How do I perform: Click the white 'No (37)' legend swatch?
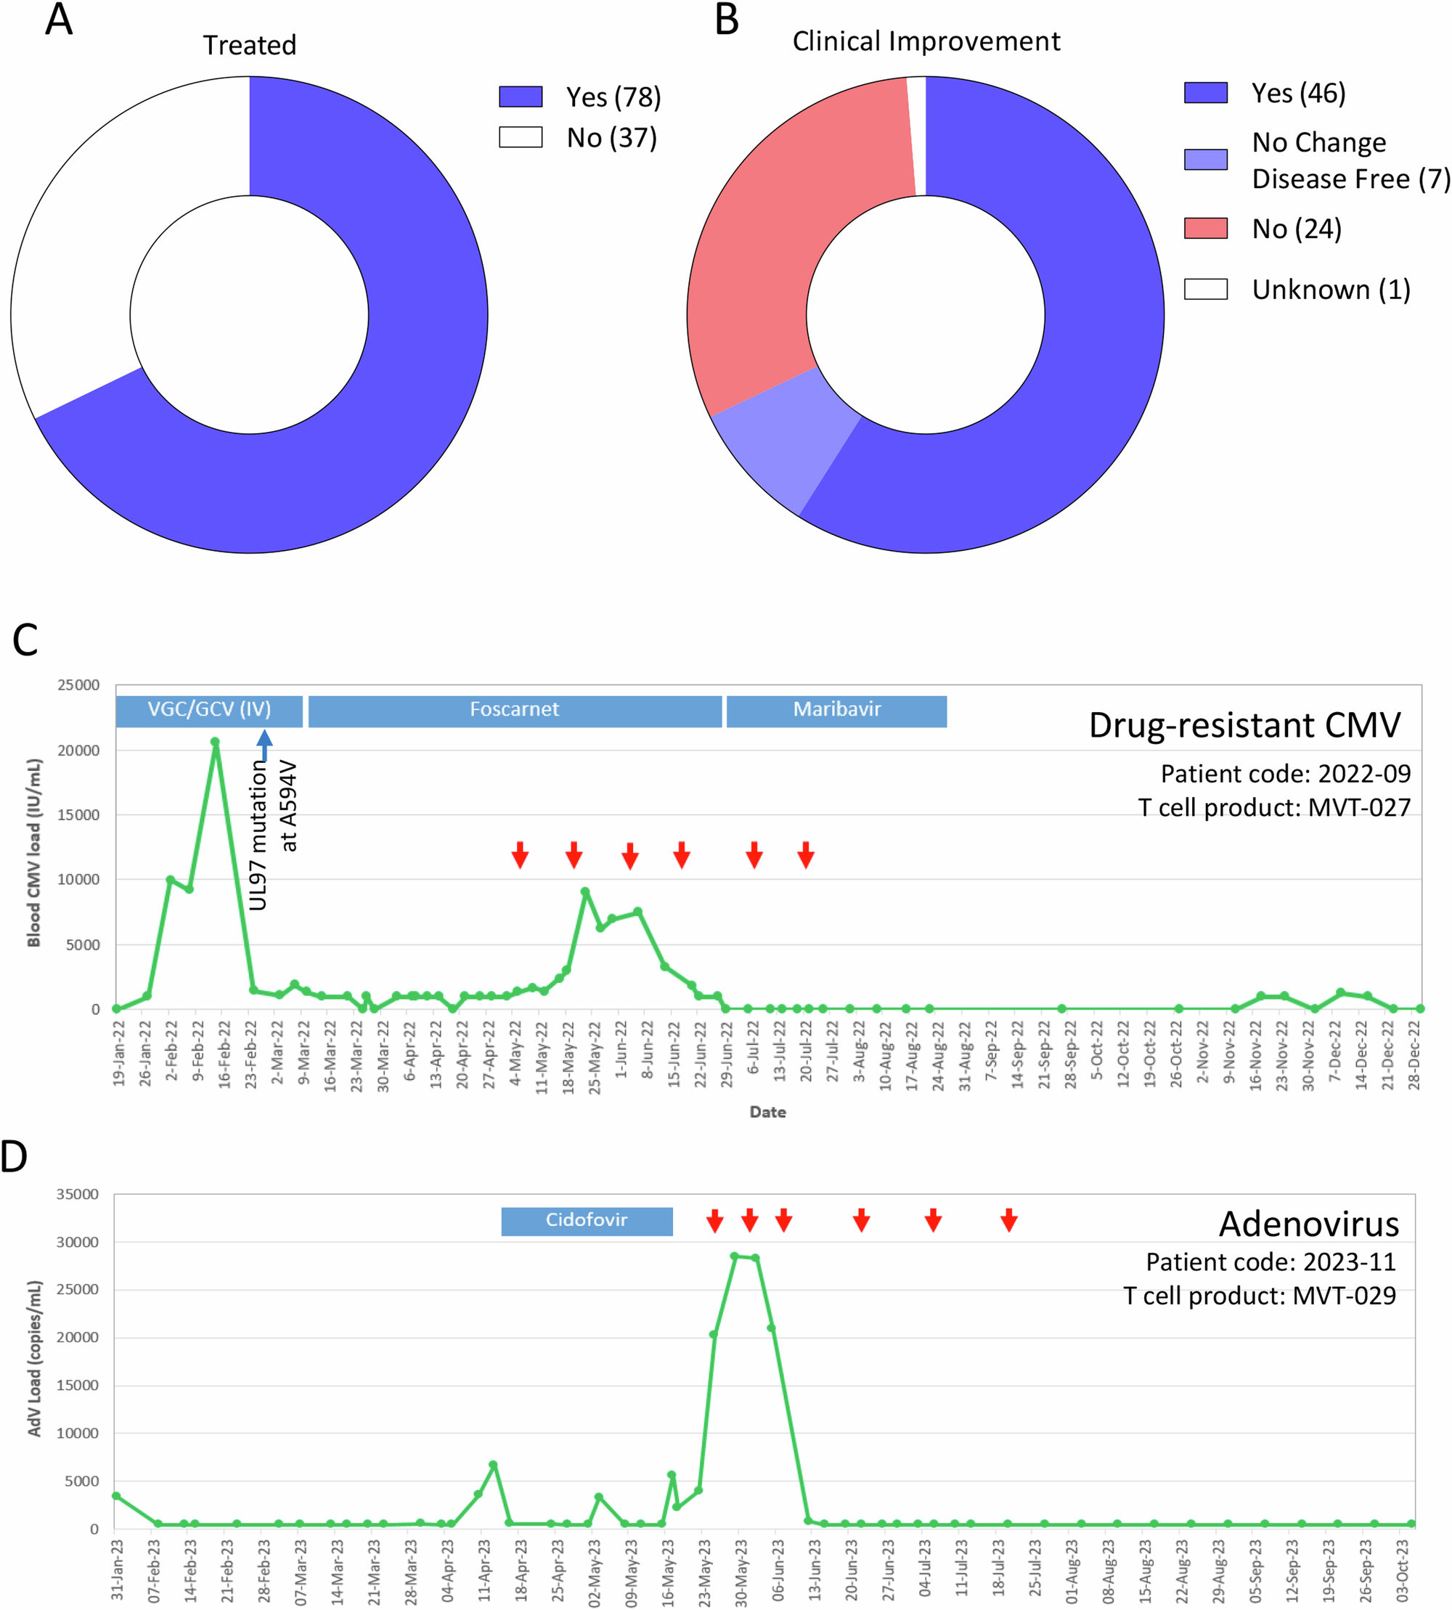point(520,137)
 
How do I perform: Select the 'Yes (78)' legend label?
point(613,97)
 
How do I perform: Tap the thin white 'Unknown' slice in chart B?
point(917,136)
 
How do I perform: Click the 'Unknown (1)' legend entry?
point(1330,289)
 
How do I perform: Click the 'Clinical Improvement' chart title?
point(926,41)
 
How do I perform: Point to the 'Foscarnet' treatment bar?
point(515,710)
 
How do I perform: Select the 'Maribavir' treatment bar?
point(836,710)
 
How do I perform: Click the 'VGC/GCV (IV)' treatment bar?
point(209,710)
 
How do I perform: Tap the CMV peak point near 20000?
point(215,742)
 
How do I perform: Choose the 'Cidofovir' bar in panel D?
point(587,1220)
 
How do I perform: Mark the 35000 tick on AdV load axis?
point(78,1194)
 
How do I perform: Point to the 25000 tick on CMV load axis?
point(78,685)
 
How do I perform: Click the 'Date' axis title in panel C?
point(767,1111)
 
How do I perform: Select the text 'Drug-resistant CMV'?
point(1244,725)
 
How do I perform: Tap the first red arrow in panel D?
point(715,1220)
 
